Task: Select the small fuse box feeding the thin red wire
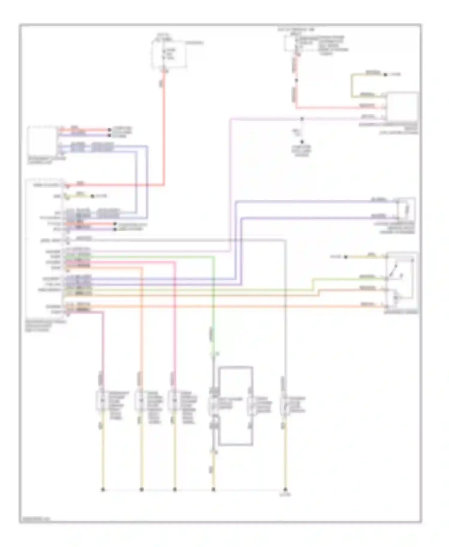(x=291, y=43)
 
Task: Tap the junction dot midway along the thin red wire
(x=296, y=80)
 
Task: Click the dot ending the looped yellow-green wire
(x=385, y=75)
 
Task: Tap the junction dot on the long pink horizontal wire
(x=302, y=119)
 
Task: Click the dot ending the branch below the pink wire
(x=302, y=142)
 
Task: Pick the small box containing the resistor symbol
(x=406, y=208)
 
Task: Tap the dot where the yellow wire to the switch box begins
(x=345, y=257)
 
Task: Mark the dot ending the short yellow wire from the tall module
(x=92, y=196)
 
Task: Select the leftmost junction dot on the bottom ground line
(x=103, y=490)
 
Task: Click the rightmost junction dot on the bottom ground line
(x=285, y=490)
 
